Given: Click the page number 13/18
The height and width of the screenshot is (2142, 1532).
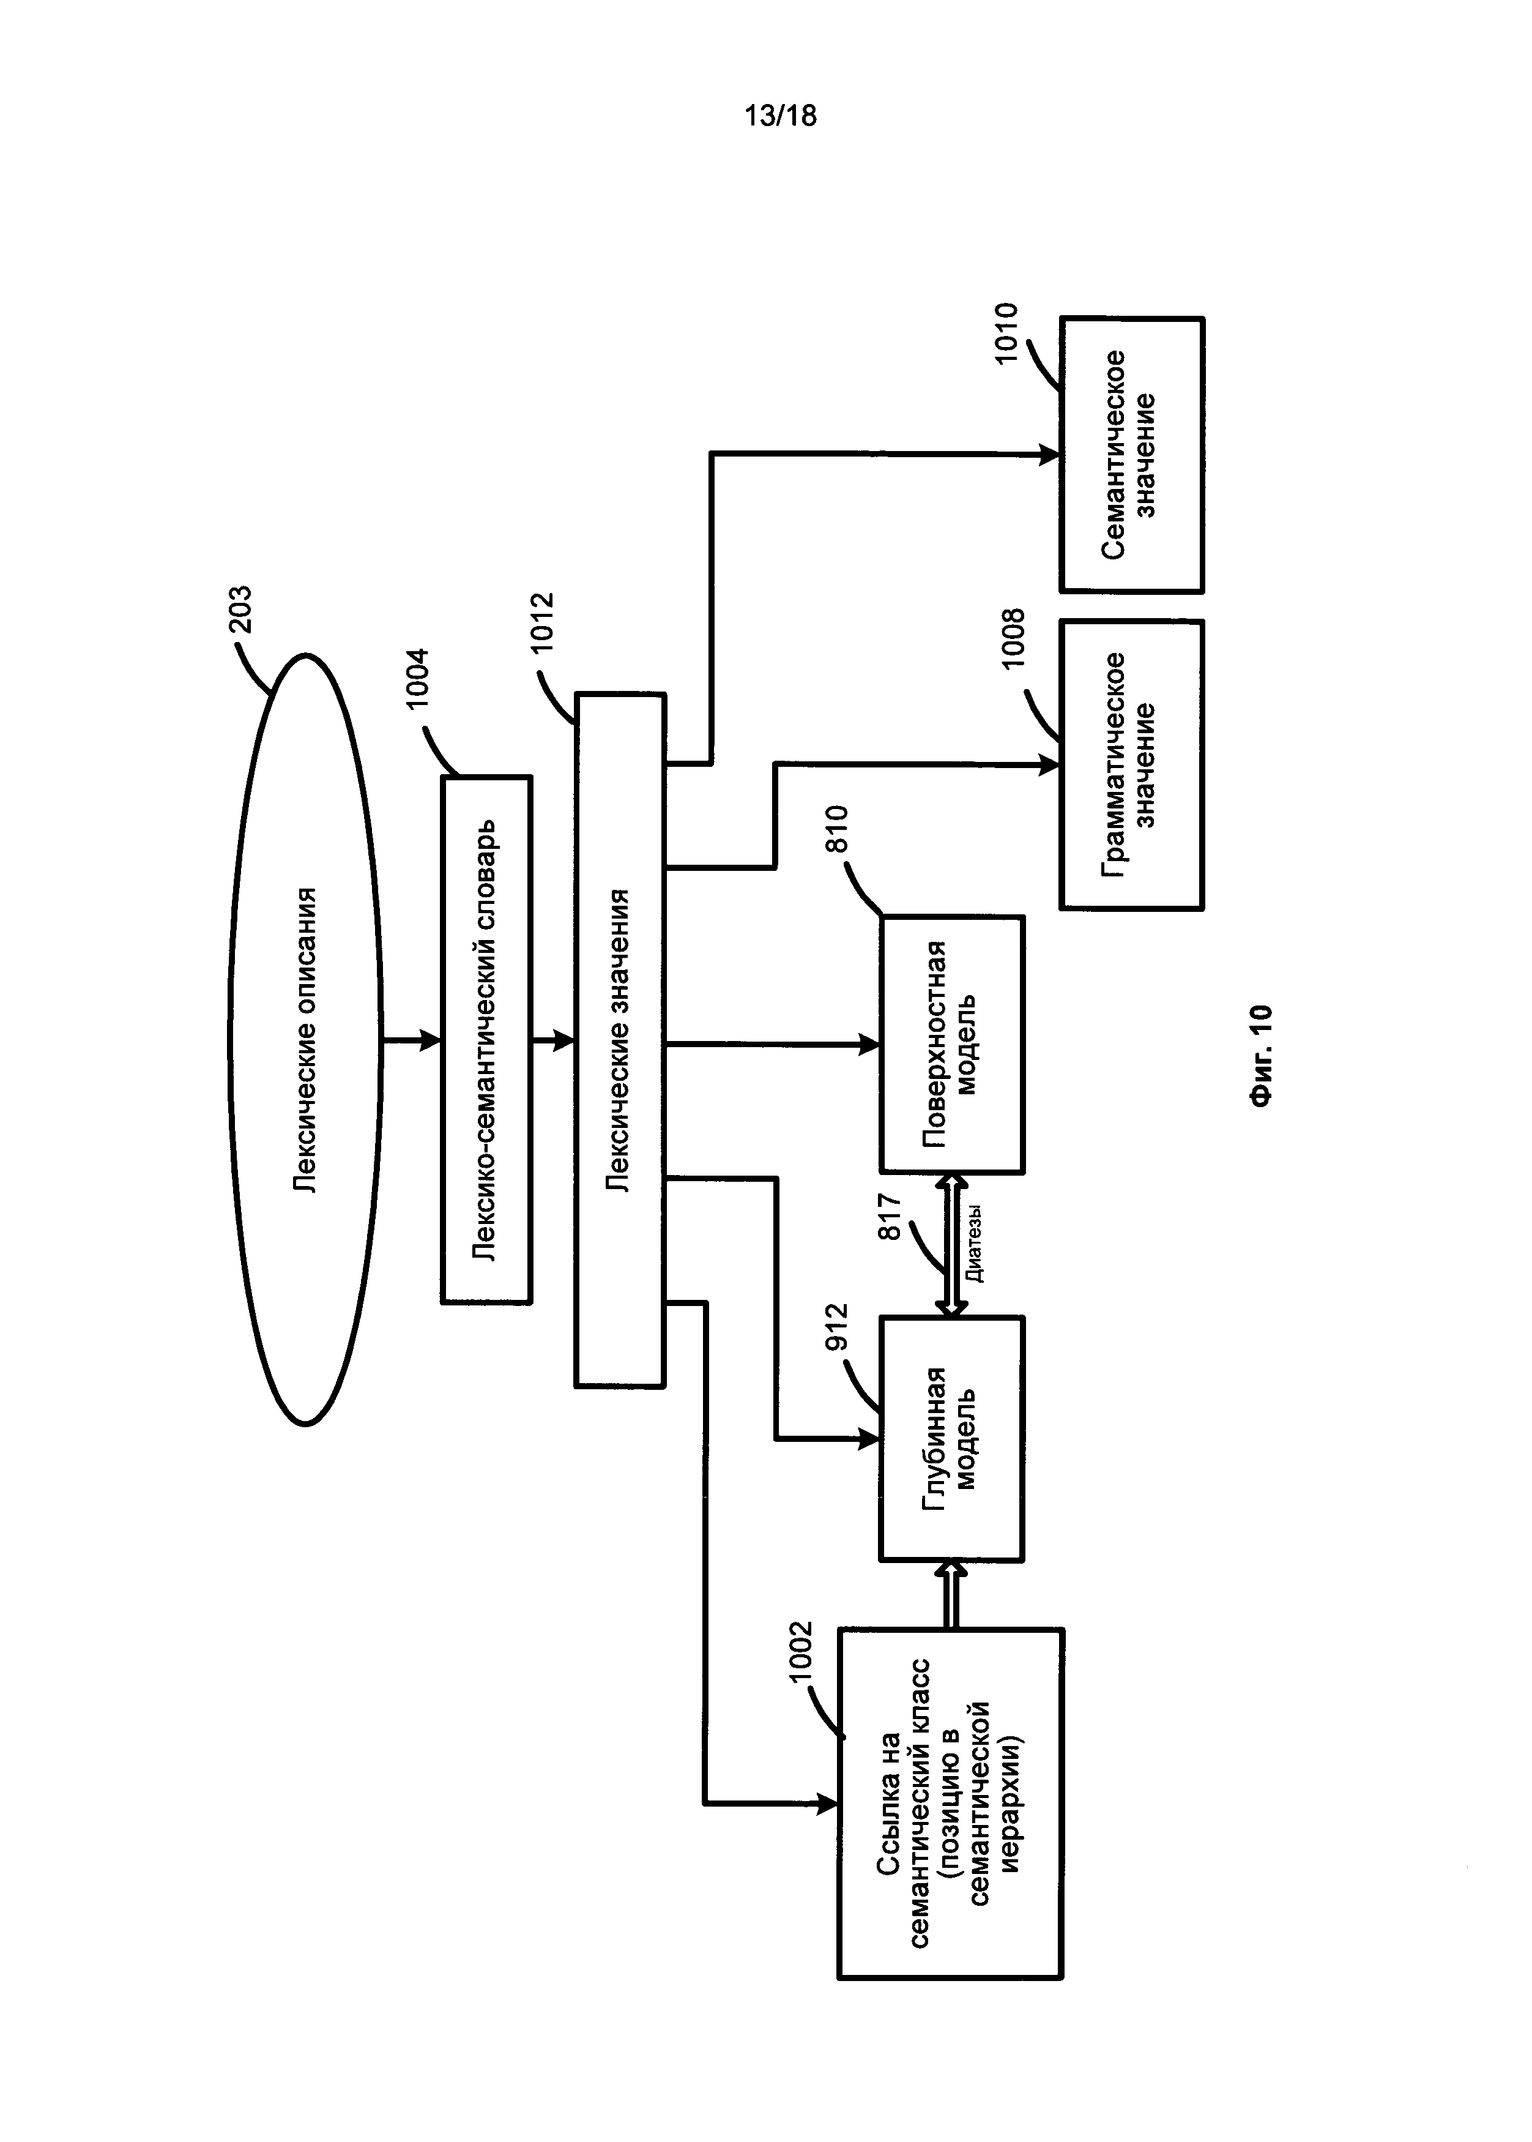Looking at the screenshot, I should (x=779, y=116).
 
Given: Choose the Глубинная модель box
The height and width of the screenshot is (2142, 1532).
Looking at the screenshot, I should (x=951, y=1438).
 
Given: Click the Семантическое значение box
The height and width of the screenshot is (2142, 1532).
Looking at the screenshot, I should (x=1131, y=454).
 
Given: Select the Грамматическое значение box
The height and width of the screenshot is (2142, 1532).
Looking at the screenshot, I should (x=1131, y=764).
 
